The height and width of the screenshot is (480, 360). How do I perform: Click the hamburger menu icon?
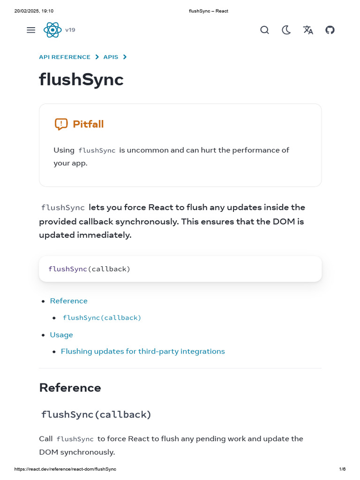(31, 30)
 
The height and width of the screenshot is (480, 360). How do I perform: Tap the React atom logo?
(52, 30)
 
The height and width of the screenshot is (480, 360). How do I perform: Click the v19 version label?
(70, 30)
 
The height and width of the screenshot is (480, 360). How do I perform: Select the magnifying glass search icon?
(264, 30)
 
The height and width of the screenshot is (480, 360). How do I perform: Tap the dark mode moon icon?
(286, 30)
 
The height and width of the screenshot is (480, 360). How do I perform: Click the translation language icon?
(308, 30)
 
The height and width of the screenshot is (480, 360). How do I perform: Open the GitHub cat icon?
(330, 30)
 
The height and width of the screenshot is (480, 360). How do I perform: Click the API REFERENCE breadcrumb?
(65, 57)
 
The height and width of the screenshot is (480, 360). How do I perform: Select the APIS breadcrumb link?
(111, 57)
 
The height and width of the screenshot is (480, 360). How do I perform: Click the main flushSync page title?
(81, 80)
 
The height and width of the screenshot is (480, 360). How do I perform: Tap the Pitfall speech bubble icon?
(61, 124)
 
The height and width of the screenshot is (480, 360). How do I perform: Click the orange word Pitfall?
(88, 124)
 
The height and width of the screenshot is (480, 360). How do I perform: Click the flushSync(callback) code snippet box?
(180, 269)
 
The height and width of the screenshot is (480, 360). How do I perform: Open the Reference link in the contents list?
(69, 301)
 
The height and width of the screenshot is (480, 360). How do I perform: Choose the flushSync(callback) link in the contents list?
(102, 318)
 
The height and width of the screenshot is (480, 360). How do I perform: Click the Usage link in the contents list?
(61, 335)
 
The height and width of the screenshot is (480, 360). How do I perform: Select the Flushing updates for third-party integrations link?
(143, 352)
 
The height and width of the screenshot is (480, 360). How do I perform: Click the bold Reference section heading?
(70, 388)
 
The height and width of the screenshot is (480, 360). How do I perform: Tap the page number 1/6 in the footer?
(342, 469)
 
